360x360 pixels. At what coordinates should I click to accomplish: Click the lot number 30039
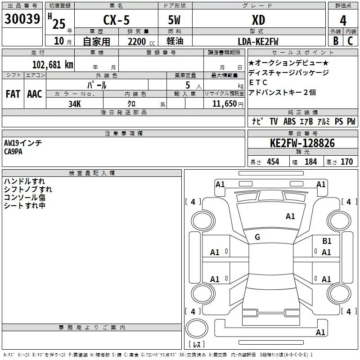22,19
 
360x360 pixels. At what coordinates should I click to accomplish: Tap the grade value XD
258,20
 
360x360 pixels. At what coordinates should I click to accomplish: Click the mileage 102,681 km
53,64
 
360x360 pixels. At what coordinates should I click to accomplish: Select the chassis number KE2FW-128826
302,143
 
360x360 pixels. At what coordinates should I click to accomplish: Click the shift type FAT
13,94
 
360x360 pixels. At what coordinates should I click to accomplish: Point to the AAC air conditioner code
35,94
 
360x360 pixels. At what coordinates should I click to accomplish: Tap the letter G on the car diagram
257,237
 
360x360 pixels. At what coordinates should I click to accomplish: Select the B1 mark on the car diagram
327,241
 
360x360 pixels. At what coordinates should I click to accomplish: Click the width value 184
311,162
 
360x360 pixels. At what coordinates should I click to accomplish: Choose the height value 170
346,162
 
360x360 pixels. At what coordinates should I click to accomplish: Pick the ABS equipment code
290,121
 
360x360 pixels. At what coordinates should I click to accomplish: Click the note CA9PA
13,151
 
